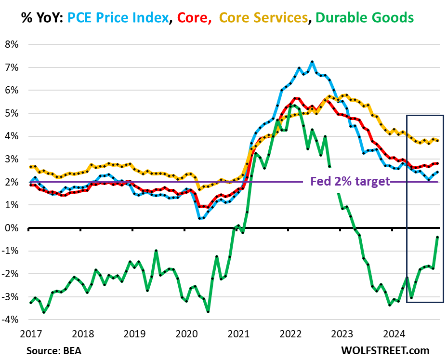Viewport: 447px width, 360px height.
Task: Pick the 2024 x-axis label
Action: pyautogui.click(x=396, y=333)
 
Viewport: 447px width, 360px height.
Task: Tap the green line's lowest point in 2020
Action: pyautogui.click(x=208, y=312)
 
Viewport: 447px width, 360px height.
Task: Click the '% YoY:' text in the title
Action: pyautogui.click(x=41, y=18)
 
